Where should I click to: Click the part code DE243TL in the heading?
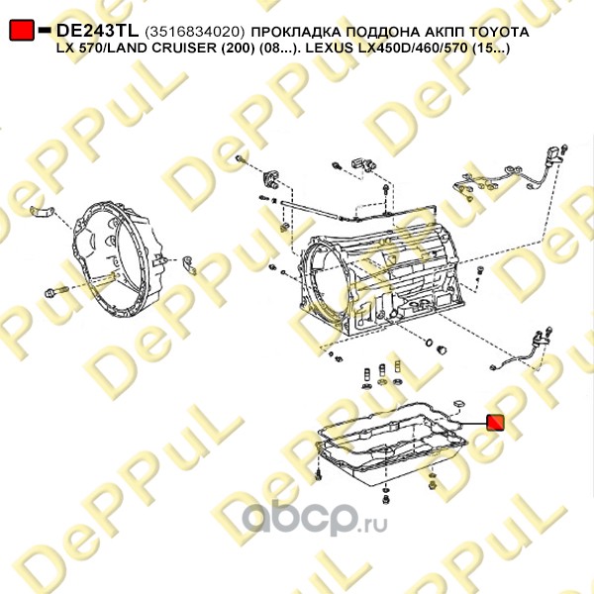[x=97, y=31]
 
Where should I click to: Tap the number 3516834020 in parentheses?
[x=194, y=32]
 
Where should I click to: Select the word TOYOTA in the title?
[x=499, y=32]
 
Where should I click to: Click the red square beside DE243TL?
[x=22, y=30]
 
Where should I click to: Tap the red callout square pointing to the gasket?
[x=495, y=423]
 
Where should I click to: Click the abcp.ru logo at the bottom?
[x=314, y=518]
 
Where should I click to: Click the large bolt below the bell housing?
[x=56, y=292]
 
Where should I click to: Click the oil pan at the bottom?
[x=392, y=452]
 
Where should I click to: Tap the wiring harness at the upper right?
[x=508, y=174]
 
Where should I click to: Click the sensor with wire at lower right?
[x=521, y=350]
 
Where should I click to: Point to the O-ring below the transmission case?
[x=429, y=343]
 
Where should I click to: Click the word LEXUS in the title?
[x=332, y=49]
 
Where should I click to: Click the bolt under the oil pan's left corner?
[x=319, y=474]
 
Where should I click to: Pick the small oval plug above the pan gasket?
[x=459, y=403]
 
